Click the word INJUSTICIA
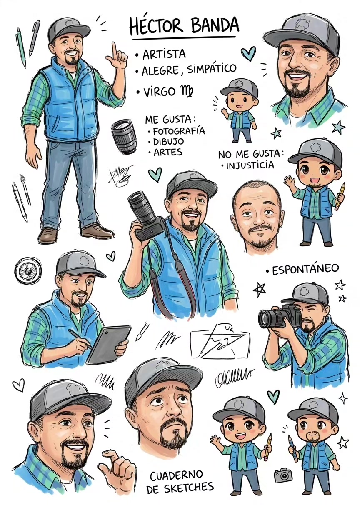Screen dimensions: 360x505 coord(250,165)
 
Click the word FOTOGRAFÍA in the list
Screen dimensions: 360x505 coord(178,131)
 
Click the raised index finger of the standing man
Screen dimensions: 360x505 coord(115,48)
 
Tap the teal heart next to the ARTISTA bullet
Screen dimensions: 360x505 coord(248,53)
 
